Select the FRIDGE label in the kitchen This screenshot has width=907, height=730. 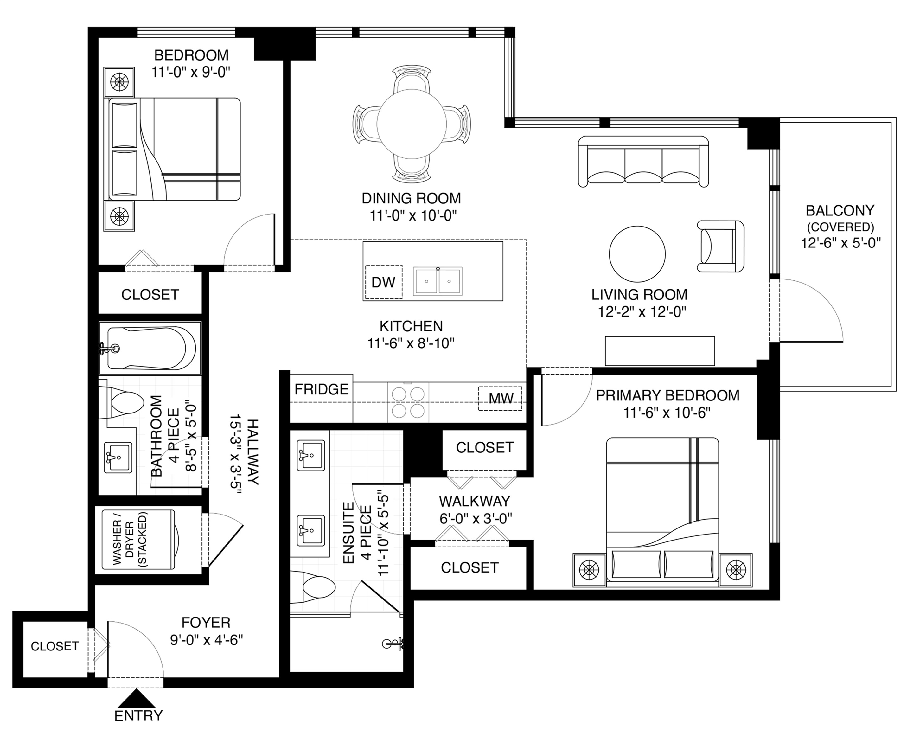(322, 389)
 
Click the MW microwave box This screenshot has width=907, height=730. (500, 398)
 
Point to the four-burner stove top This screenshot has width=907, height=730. (408, 402)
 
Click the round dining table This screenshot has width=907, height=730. (412, 124)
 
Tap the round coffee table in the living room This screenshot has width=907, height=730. (637, 254)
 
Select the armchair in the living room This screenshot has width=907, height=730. (721, 246)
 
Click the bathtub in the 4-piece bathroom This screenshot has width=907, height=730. (150, 349)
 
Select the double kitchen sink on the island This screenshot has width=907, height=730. (438, 280)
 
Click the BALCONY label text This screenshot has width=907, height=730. (840, 210)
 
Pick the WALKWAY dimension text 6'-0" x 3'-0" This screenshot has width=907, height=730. (476, 519)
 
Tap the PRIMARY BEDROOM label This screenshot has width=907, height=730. (667, 395)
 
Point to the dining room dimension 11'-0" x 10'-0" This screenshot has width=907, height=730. (413, 216)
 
